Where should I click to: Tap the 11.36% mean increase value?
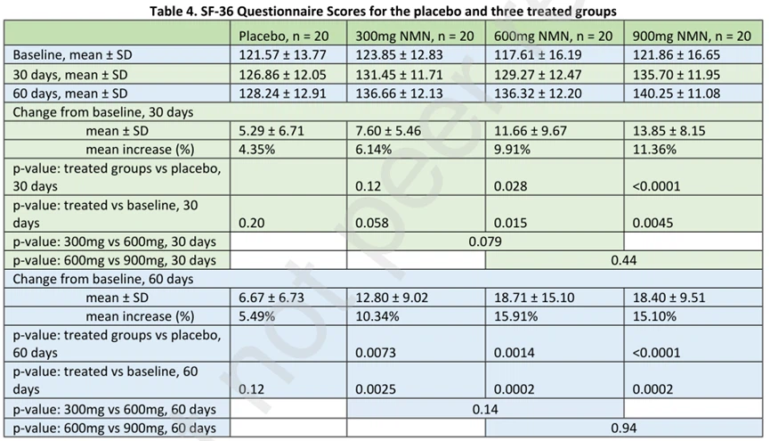coord(653,149)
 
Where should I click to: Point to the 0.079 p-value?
coord(486,241)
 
